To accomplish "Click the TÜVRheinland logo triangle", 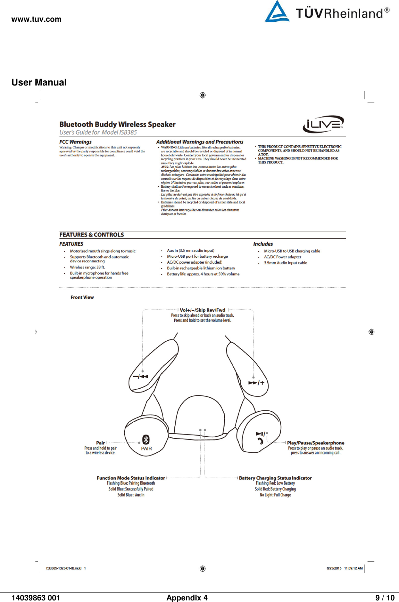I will click(x=277, y=12).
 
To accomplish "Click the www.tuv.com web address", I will click(x=36, y=19).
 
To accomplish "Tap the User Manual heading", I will click(x=39, y=82).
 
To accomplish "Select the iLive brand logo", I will click(x=323, y=124).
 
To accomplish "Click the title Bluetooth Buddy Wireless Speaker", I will click(x=117, y=124).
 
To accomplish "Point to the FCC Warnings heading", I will click(x=75, y=142).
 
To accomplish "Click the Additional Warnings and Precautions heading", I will click(x=200, y=142).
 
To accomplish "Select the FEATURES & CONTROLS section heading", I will click(x=92, y=235).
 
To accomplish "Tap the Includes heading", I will click(x=263, y=244).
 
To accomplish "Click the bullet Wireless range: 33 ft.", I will click(x=87, y=267).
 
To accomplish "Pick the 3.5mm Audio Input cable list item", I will click(x=285, y=263).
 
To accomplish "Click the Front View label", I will click(x=82, y=297).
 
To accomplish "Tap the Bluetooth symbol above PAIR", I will click(x=146, y=439).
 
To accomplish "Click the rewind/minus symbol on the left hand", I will click(x=140, y=376).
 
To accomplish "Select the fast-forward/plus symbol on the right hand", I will click(x=256, y=383).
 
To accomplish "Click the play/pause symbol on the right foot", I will click(x=260, y=434).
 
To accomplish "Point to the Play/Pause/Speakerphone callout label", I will click(x=316, y=443).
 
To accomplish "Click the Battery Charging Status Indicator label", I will click(x=275, y=478).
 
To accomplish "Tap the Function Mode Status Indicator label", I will click(x=131, y=478).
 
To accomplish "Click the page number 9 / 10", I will click(x=384, y=598).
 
